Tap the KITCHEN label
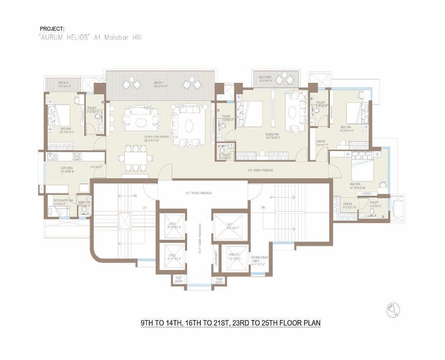click(67, 168)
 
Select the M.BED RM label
click(272, 135)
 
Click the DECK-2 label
click(64, 83)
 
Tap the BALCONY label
click(265, 77)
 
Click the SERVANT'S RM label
click(63, 201)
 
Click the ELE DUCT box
click(179, 279)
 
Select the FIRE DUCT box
click(219, 280)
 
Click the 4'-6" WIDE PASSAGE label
click(260, 170)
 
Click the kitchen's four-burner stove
click(77, 157)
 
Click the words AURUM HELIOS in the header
click(64, 37)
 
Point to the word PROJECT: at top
click(52, 29)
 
